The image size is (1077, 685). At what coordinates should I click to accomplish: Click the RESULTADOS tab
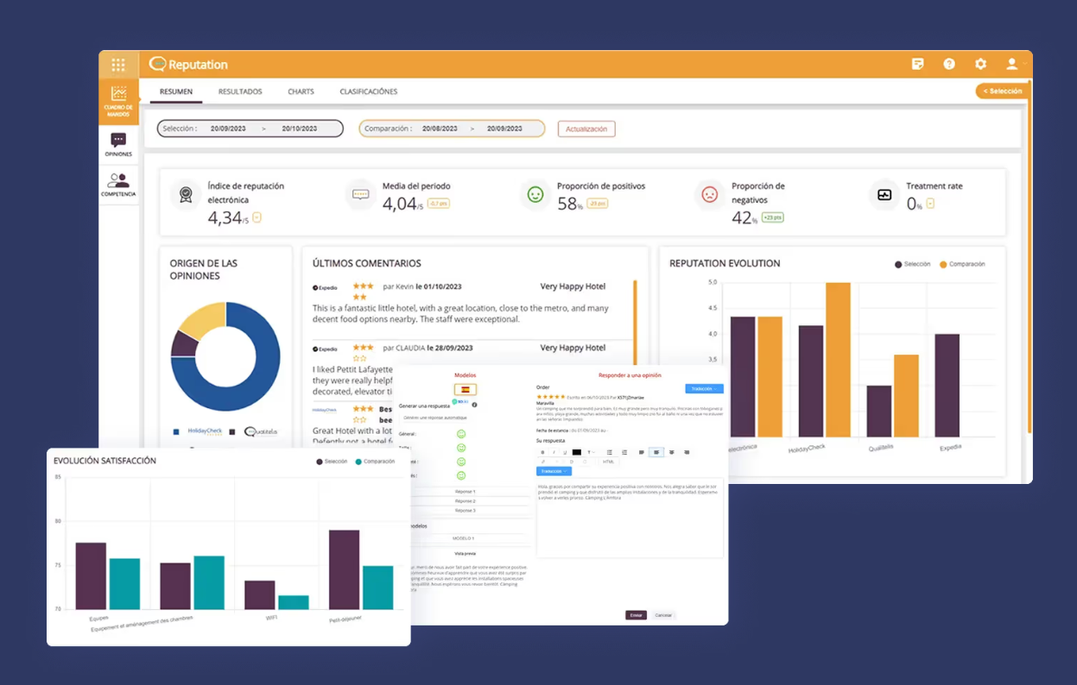240,91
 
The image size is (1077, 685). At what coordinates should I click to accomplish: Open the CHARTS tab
301,91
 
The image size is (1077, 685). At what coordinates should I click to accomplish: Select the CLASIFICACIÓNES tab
368,91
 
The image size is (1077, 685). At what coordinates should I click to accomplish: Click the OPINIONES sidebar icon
118,144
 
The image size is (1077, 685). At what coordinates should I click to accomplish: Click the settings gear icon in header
980,64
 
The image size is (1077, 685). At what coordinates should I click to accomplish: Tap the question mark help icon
949,64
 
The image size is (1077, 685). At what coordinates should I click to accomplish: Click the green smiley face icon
535,195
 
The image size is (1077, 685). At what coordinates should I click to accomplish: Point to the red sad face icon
710,195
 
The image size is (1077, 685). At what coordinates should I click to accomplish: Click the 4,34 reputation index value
225,218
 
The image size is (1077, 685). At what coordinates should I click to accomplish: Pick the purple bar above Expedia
947,386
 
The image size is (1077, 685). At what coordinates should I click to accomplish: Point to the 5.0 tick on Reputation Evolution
713,282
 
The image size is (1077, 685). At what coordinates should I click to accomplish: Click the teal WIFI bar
294,602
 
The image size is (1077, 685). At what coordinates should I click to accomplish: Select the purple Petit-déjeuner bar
344,569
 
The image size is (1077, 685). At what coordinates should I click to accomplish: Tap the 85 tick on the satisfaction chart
58,477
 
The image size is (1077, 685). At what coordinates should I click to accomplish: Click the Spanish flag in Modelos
466,390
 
